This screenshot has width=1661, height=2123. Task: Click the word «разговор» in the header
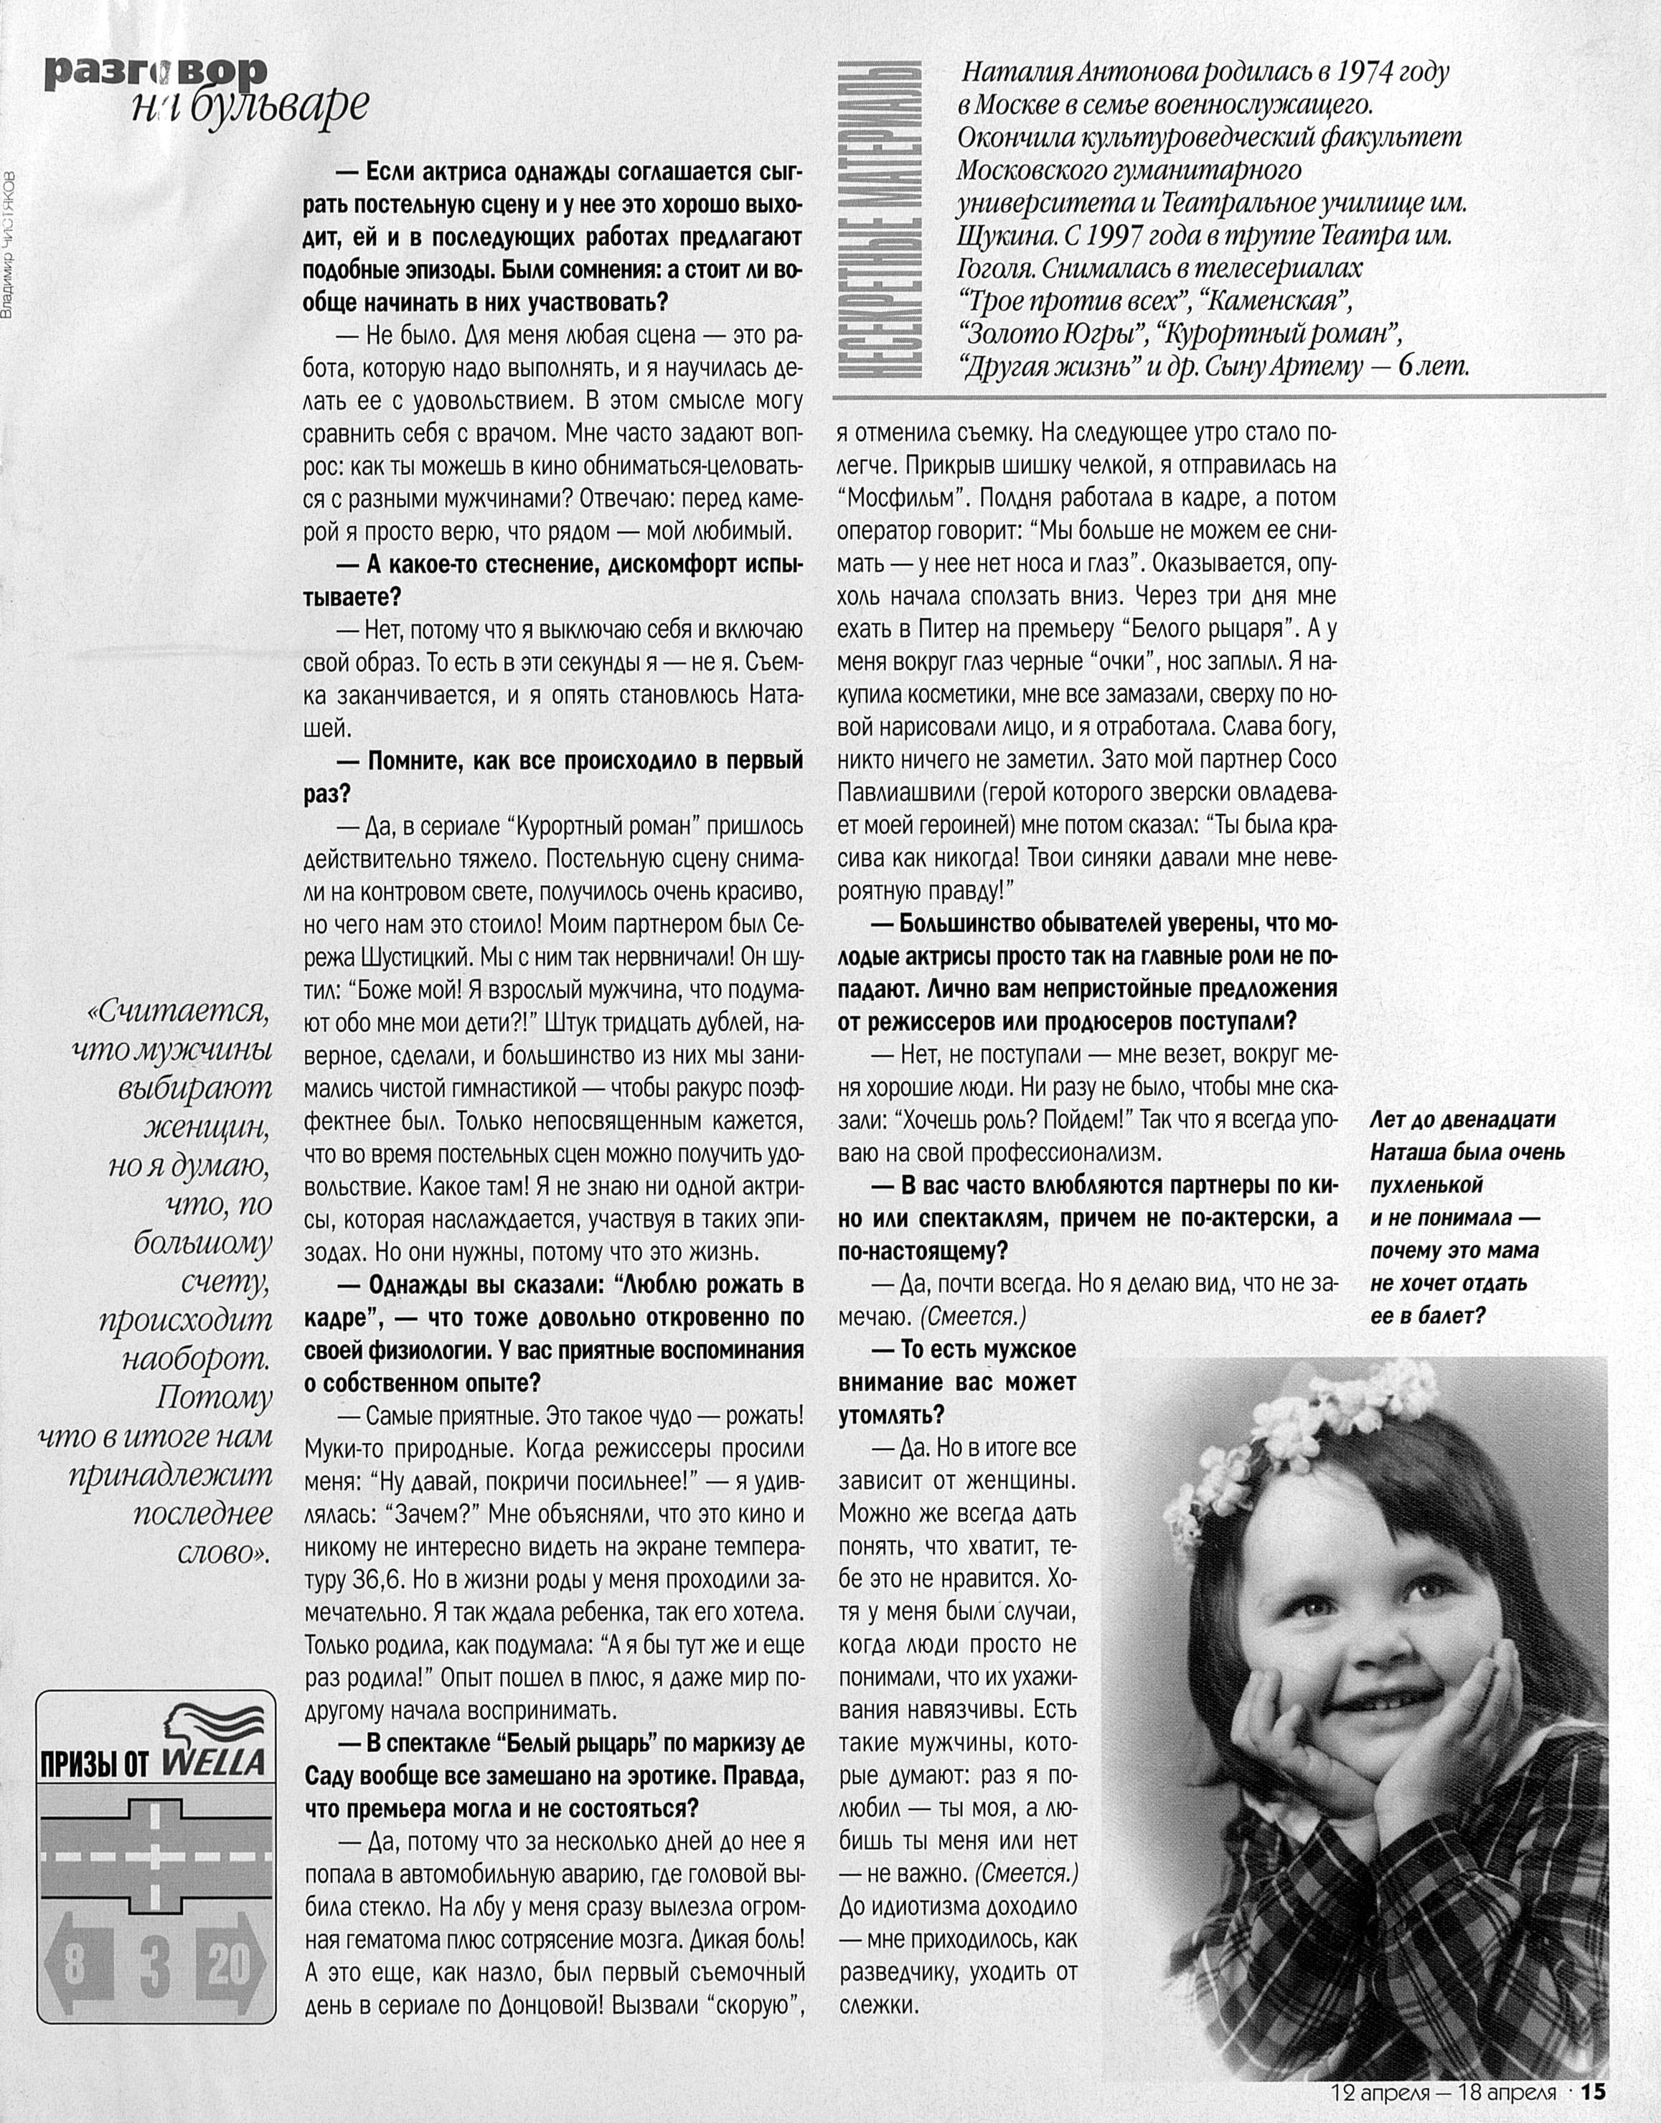click(156, 71)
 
